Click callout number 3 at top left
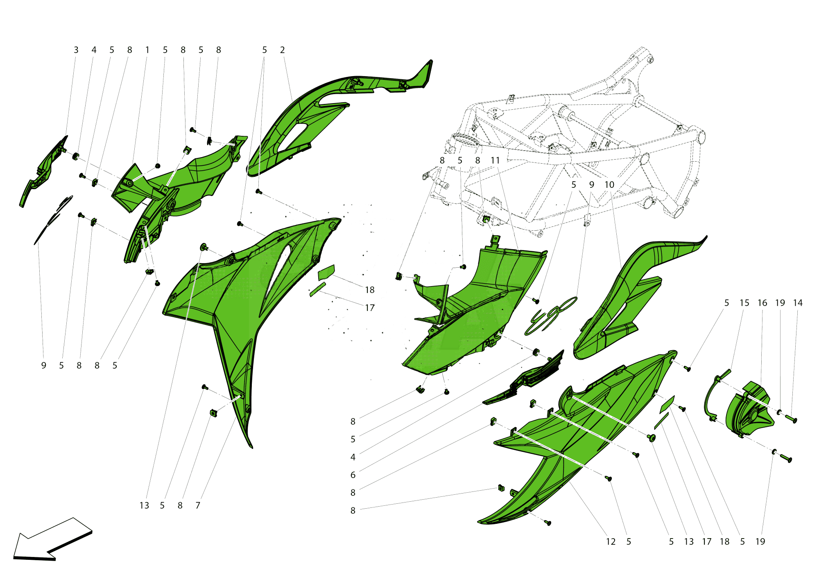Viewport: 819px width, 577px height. [x=76, y=50]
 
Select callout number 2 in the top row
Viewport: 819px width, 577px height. [x=282, y=50]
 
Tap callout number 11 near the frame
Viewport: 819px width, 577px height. [x=495, y=160]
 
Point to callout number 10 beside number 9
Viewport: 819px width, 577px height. [x=609, y=185]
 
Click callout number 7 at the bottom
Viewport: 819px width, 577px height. [x=198, y=505]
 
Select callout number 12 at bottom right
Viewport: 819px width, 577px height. [x=611, y=541]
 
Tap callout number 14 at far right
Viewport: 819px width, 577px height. [x=798, y=303]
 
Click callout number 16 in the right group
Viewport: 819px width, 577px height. [x=762, y=303]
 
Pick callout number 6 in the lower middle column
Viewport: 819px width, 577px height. [x=353, y=475]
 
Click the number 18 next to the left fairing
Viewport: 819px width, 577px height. [x=370, y=290]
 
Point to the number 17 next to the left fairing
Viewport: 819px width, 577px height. [x=370, y=308]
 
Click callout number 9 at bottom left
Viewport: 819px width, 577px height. [x=44, y=365]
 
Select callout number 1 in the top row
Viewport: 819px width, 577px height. [x=147, y=50]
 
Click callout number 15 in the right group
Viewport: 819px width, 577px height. [x=744, y=303]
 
